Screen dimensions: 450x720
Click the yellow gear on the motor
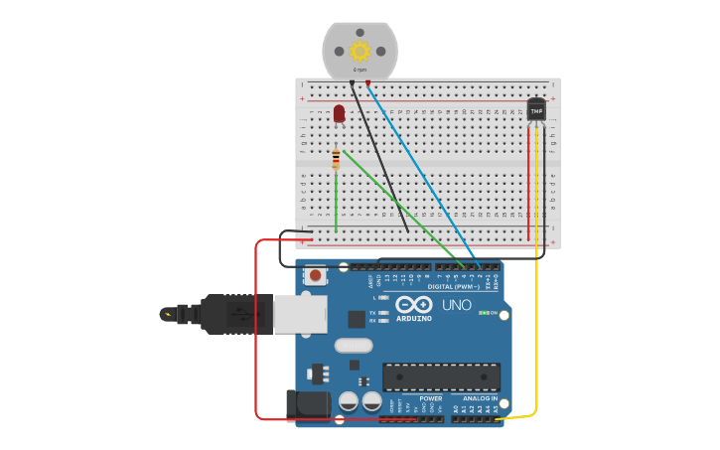pyautogui.click(x=360, y=51)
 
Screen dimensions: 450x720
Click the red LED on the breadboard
pyautogui.click(x=340, y=113)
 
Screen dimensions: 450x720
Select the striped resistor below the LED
pyautogui.click(x=336, y=159)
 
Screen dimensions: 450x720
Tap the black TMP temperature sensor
pyautogui.click(x=536, y=110)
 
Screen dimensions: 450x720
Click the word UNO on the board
pyautogui.click(x=457, y=305)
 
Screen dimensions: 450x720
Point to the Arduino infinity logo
pyautogui.click(x=413, y=304)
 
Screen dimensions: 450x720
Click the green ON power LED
pyautogui.click(x=484, y=313)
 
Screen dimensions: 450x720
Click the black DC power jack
pyautogui.click(x=308, y=403)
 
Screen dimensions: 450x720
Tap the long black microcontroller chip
pyautogui.click(x=441, y=376)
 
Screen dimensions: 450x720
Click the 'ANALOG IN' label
pyautogui.click(x=480, y=398)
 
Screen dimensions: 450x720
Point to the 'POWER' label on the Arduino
pyautogui.click(x=430, y=398)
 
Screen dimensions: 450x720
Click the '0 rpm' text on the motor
pyautogui.click(x=360, y=70)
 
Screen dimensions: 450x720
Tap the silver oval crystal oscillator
pyautogui.click(x=354, y=346)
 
